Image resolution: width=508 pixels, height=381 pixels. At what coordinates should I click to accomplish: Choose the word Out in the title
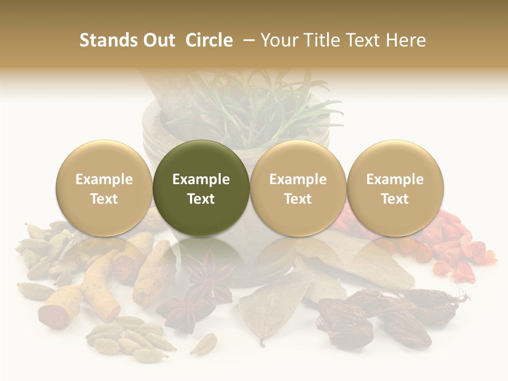pyautogui.click(x=158, y=40)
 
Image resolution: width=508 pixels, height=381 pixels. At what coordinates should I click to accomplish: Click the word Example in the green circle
pyautogui.click(x=201, y=179)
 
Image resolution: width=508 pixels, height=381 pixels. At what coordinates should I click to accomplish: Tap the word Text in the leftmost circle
pyautogui.click(x=104, y=199)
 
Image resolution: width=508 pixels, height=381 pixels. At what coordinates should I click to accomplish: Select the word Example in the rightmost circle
pyautogui.click(x=395, y=179)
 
